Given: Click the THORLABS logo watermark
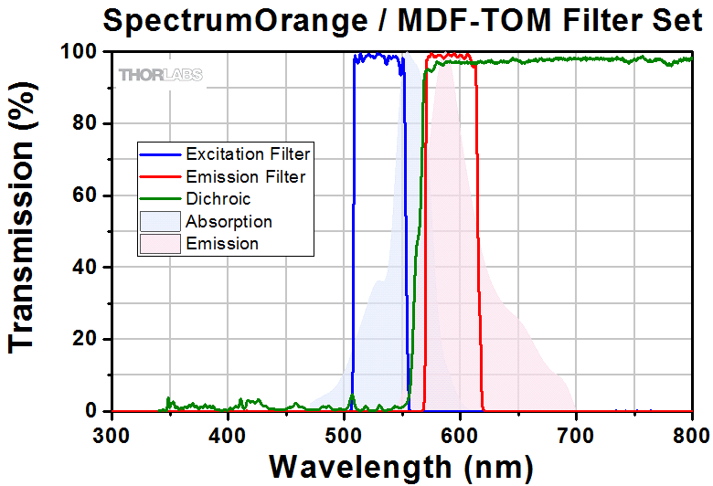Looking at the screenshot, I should coord(160,75).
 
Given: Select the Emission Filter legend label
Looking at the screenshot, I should coord(245,175).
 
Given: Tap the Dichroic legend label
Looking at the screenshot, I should coord(218,198).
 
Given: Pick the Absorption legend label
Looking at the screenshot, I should coord(229,221).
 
